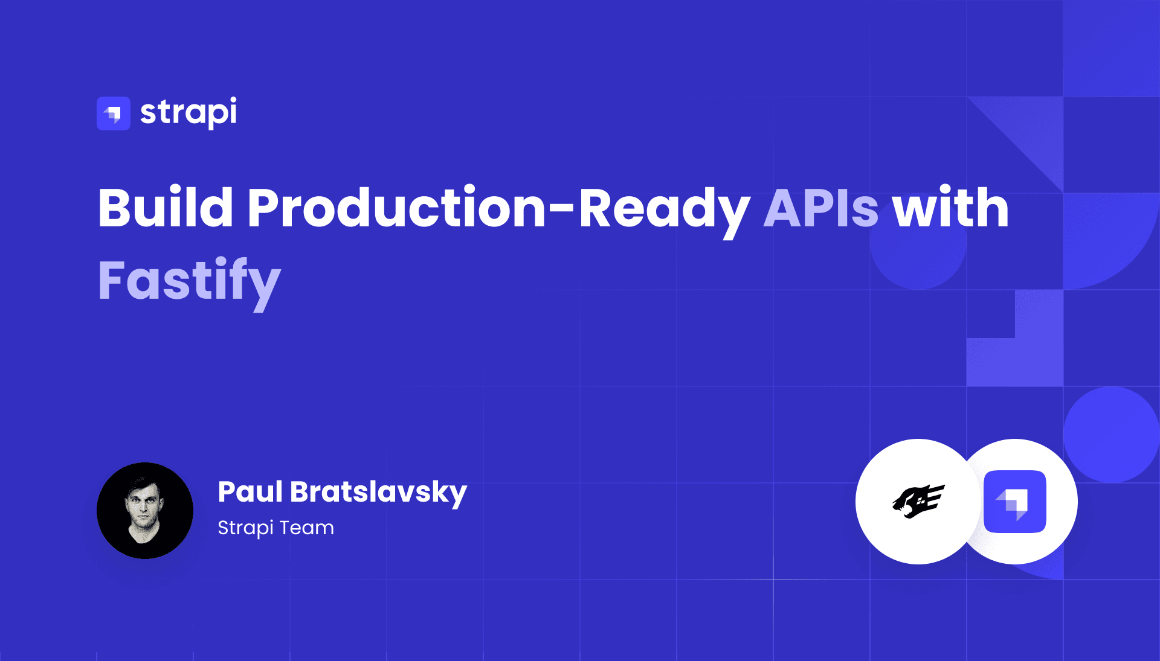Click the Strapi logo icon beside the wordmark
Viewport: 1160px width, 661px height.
[x=114, y=113]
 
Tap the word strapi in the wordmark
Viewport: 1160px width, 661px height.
[x=188, y=112]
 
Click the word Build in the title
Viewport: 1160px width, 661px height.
[x=166, y=208]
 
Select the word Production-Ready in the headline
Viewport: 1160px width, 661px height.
[x=498, y=211]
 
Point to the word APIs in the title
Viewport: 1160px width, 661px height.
[x=821, y=208]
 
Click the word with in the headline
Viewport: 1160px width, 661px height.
[x=951, y=207]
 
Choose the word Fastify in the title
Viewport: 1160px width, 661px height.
[x=189, y=283]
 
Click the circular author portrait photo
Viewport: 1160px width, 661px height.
[x=145, y=511]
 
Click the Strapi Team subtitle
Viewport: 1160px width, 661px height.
[x=275, y=528]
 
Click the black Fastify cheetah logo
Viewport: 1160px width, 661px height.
[x=918, y=501]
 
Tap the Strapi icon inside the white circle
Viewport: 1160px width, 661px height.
[x=1015, y=502]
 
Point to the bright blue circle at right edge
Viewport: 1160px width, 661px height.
[x=1112, y=435]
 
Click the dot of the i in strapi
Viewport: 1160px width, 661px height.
[x=232, y=100]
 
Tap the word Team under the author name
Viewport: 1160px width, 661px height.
[x=306, y=528]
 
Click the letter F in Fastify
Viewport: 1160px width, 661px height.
[x=111, y=279]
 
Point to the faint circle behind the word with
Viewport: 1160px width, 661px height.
[x=918, y=241]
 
